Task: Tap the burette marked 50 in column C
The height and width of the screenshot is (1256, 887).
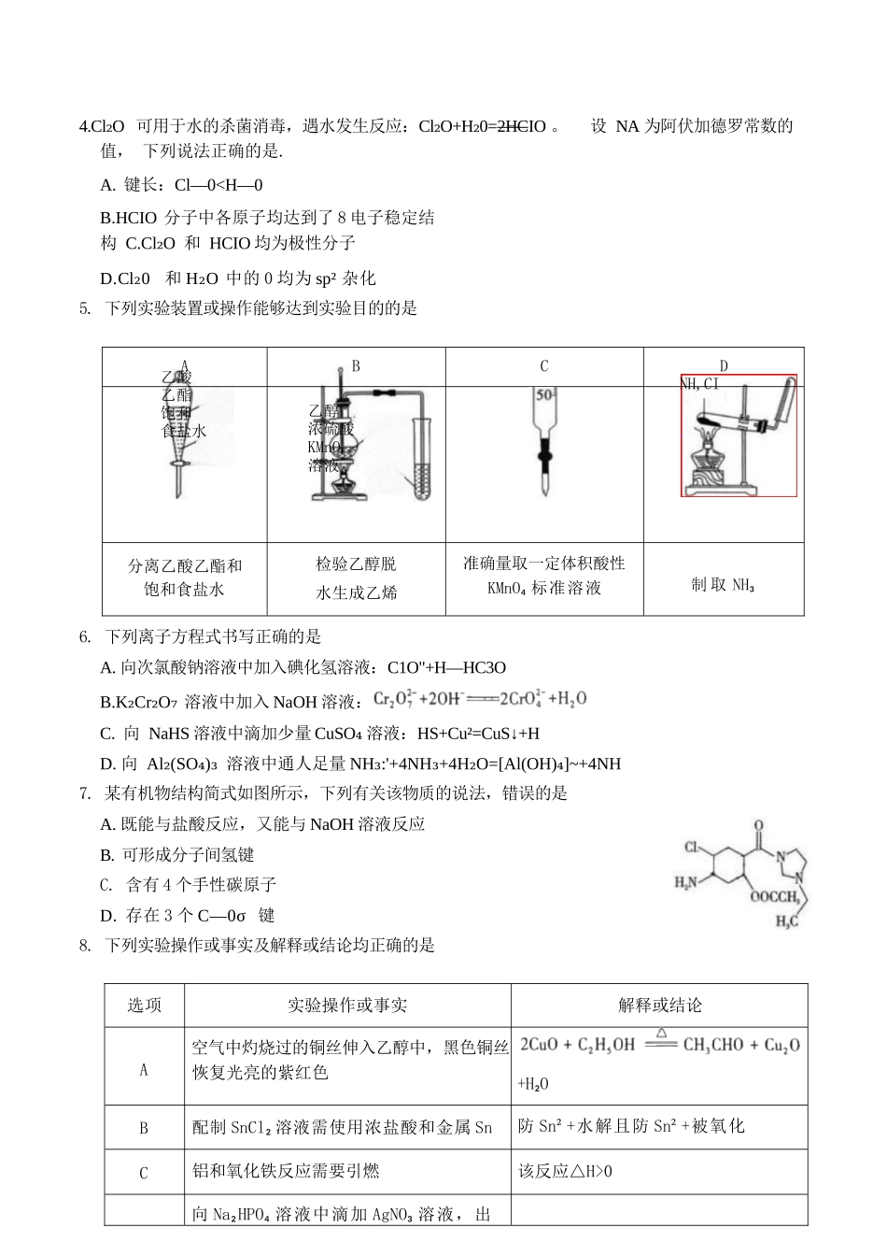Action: coord(543,444)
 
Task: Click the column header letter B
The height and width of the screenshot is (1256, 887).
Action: coord(356,366)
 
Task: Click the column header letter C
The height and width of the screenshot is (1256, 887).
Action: coord(544,366)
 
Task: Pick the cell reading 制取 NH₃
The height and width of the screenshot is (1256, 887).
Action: coord(723,585)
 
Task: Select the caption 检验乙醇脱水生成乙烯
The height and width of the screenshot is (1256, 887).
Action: coord(356,578)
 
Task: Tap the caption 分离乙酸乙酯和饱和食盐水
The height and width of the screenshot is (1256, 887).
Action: coord(185,578)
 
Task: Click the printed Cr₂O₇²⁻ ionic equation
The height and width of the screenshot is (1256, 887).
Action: coord(480,699)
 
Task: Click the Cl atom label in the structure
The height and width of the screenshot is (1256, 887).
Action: coord(692,848)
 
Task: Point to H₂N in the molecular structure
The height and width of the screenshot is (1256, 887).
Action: coord(686,882)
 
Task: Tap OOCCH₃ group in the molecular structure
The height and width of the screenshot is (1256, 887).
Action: coord(774,898)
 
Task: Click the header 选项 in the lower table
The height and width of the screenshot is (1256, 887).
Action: coord(144,1006)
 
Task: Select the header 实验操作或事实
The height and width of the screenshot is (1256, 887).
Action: coord(347,1006)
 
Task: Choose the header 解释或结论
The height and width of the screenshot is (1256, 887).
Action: coord(659,1006)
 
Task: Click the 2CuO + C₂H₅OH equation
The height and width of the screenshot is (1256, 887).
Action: coord(659,1045)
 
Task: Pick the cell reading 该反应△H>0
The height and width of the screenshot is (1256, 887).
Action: coord(565,1172)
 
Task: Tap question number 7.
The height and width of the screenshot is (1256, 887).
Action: coord(85,793)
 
